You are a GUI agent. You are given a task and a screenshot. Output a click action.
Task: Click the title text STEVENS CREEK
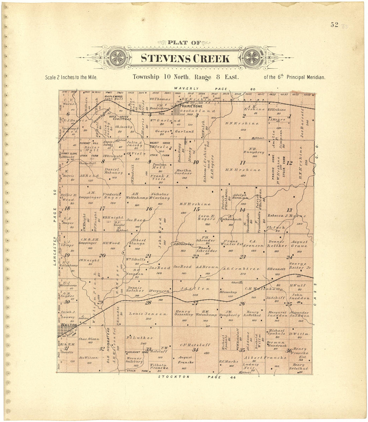pyautogui.click(x=185, y=59)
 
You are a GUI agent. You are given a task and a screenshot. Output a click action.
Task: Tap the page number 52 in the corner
pyautogui.click(x=334, y=25)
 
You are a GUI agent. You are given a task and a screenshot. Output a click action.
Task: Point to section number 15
pyautogui.click(x=196, y=209)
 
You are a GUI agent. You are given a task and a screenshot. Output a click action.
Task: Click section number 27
pyautogui.click(x=195, y=303)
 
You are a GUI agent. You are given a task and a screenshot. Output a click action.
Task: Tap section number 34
pyautogui.click(x=195, y=350)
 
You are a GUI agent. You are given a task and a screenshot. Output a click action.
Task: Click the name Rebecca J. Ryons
pyautogui.click(x=287, y=216)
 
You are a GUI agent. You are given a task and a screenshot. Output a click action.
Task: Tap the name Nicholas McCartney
pyautogui.click(x=160, y=196)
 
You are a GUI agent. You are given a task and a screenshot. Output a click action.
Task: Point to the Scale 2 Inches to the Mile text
pyautogui.click(x=71, y=77)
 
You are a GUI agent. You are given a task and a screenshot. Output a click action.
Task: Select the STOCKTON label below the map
pyautogui.click(x=173, y=377)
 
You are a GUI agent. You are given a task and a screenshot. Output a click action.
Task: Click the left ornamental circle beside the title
pyautogui.click(x=117, y=58)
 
